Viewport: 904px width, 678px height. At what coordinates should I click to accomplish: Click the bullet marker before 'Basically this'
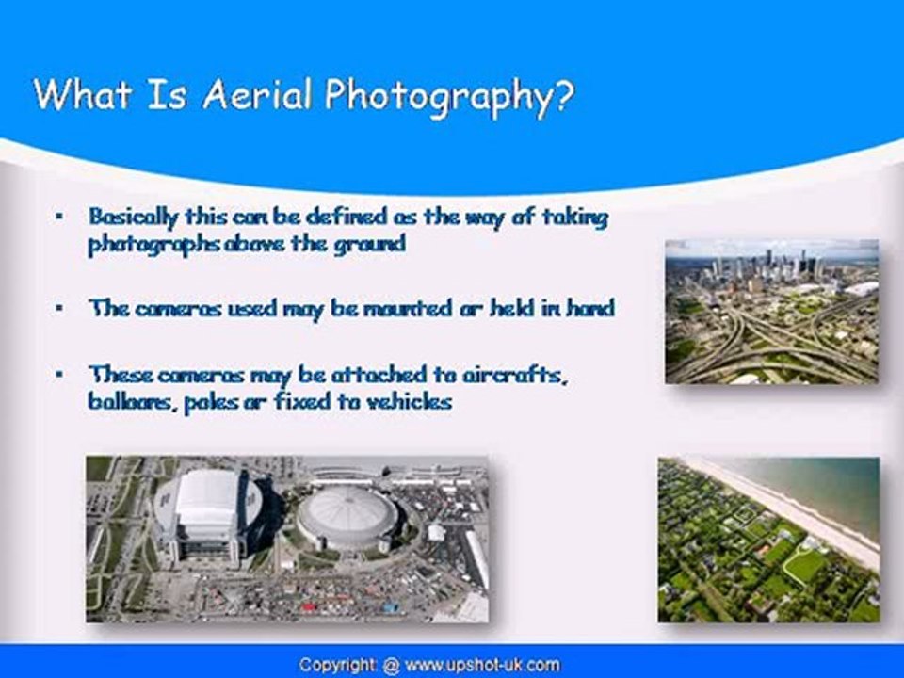pyautogui.click(x=60, y=217)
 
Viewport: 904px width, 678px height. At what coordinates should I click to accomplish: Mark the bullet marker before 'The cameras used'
pyautogui.click(x=60, y=308)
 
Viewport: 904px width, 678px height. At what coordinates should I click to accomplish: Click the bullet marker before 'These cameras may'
pyautogui.click(x=60, y=374)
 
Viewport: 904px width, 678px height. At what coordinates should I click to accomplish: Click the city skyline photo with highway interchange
pyautogui.click(x=771, y=311)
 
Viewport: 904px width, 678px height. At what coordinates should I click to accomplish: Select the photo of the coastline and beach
pyautogui.click(x=768, y=539)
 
